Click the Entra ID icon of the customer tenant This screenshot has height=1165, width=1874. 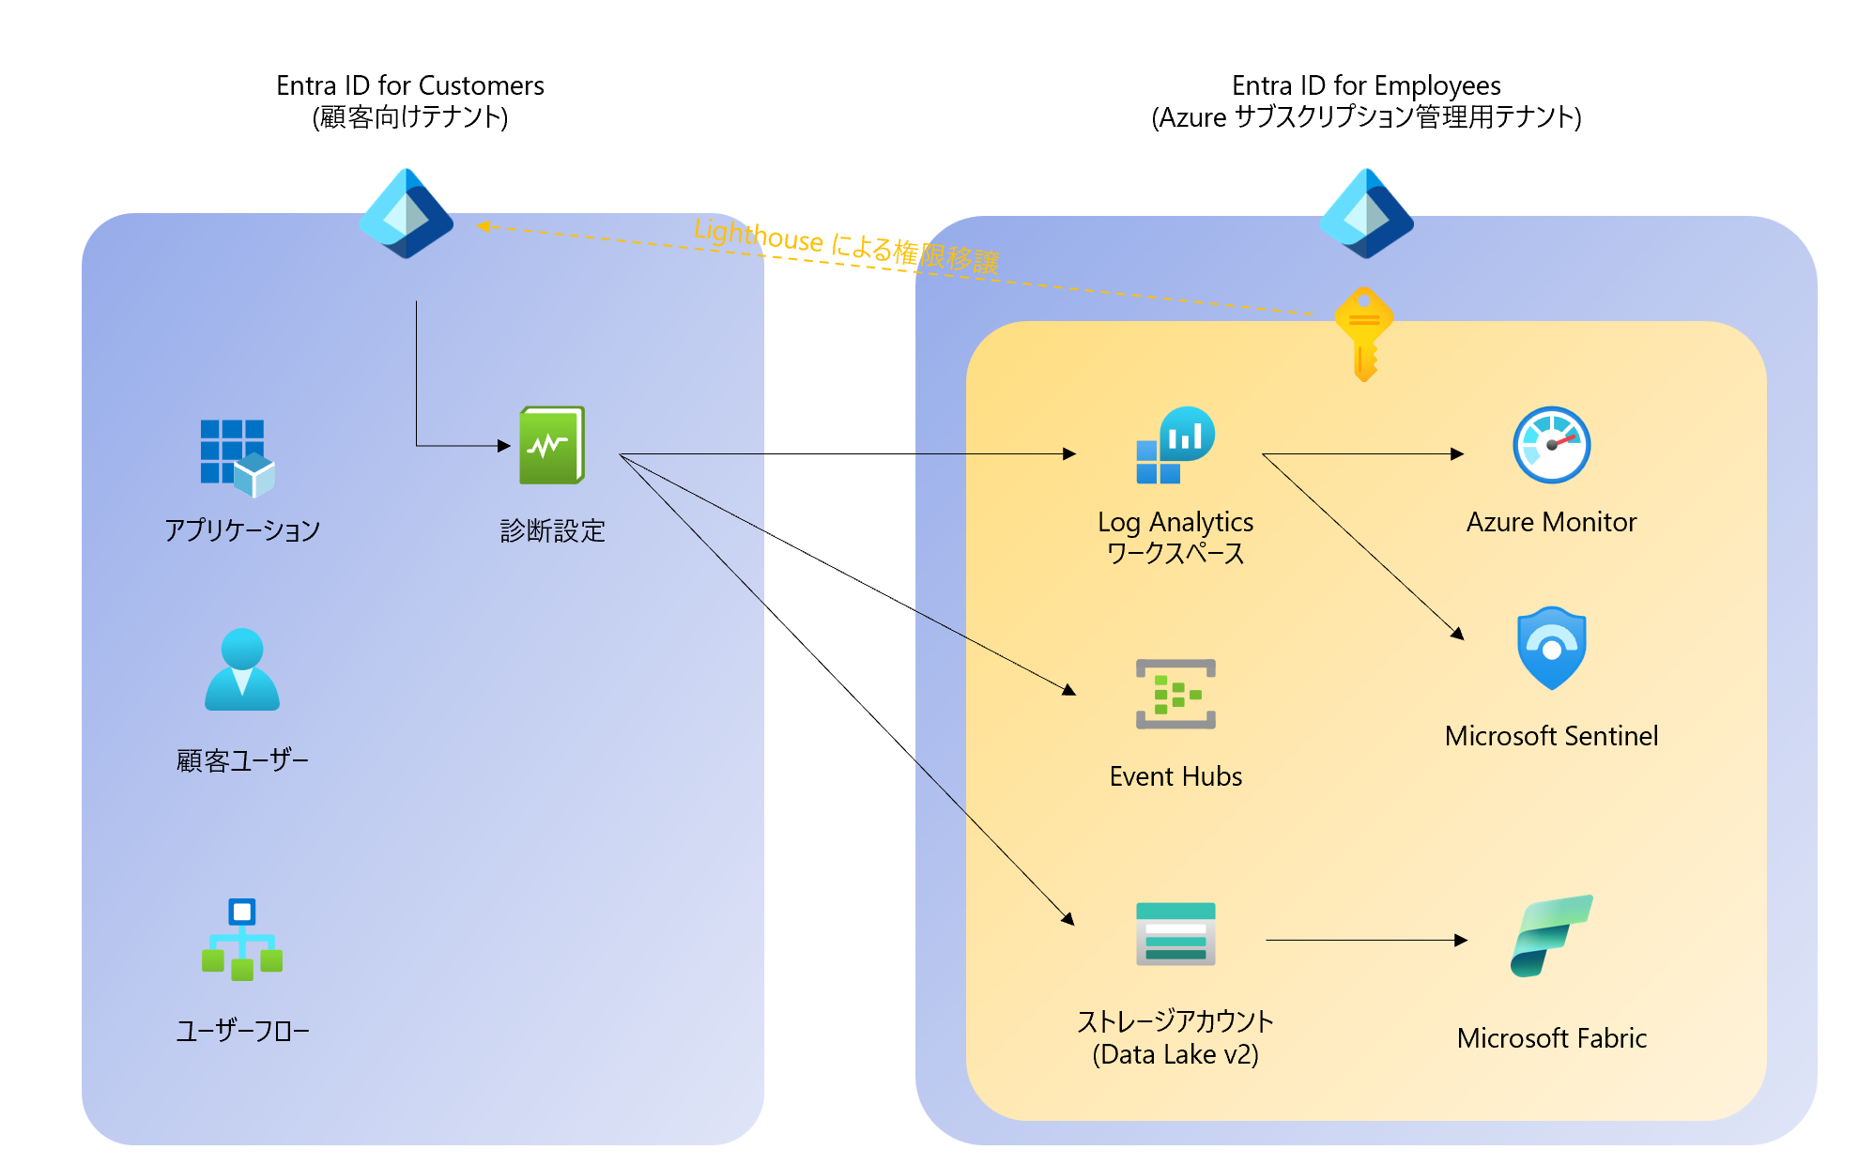[406, 214]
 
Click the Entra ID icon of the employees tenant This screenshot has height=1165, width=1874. [1366, 214]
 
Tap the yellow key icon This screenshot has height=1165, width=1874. [1364, 334]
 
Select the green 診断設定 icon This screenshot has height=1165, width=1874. [552, 445]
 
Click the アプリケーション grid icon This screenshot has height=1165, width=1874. [237, 457]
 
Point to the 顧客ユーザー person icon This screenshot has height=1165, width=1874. [242, 669]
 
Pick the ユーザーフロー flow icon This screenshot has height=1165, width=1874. [242, 940]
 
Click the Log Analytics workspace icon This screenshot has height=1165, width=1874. [1175, 445]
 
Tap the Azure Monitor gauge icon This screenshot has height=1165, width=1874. [1551, 445]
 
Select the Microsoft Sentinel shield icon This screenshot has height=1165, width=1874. [1551, 648]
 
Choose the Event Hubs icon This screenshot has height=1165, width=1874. [1175, 695]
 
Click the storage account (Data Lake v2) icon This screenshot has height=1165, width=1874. [1175, 934]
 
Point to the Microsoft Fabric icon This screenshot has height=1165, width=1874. [1551, 936]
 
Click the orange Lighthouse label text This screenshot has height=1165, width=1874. [846, 245]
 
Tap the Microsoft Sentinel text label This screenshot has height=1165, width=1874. [1551, 736]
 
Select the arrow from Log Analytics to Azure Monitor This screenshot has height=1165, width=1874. [1361, 454]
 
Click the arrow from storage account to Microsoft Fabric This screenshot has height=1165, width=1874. [1366, 940]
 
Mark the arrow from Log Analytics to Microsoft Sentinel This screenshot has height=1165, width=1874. [1362, 546]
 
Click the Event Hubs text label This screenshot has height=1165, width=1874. [1175, 776]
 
